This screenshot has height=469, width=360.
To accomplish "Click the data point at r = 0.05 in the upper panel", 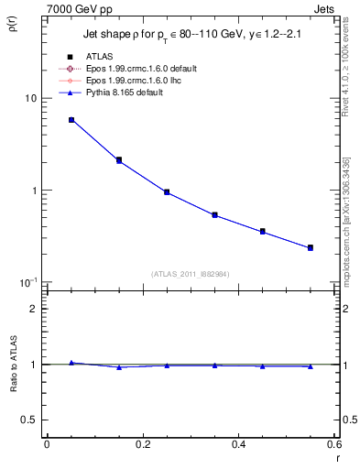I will point(71,120).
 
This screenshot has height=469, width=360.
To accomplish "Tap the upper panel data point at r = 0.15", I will point(119,160).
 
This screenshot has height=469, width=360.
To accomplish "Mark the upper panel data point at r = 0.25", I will point(167,192).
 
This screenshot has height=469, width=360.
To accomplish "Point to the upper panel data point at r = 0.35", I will point(214,215).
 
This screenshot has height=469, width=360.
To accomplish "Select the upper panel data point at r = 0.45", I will point(263,232).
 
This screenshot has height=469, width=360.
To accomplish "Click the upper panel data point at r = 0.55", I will point(311,247).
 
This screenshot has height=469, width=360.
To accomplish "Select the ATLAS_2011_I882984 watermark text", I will point(191,273).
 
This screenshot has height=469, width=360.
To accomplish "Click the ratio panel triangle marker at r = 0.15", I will point(119,367).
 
